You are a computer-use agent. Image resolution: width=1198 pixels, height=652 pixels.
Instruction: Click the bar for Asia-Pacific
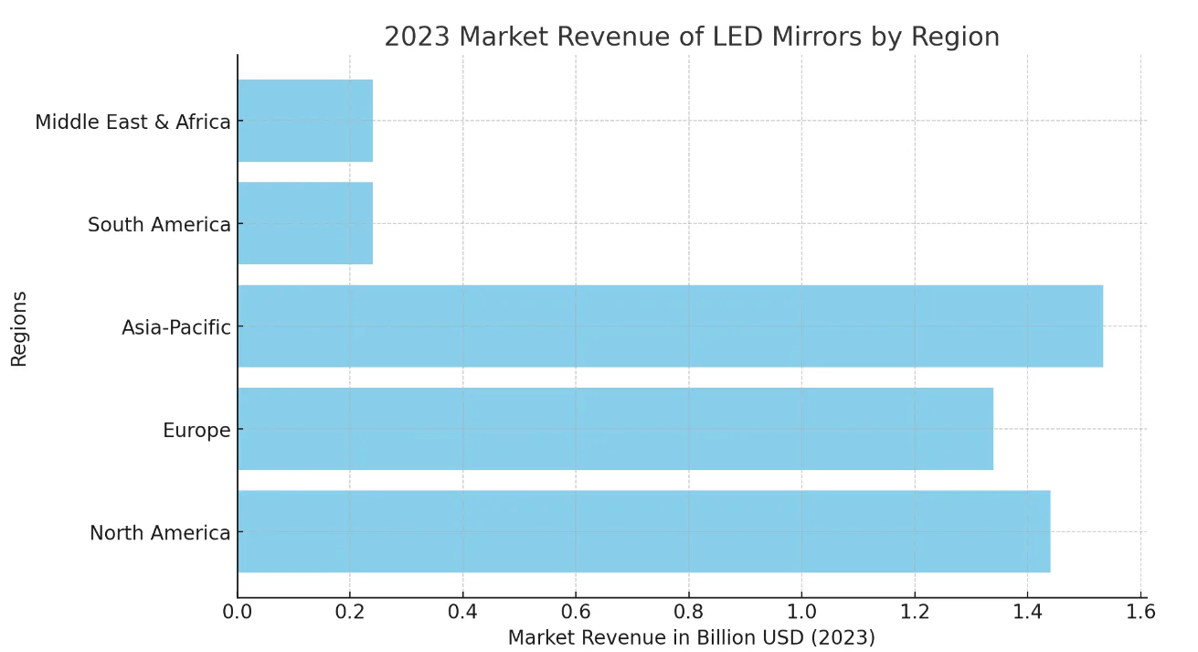(670, 326)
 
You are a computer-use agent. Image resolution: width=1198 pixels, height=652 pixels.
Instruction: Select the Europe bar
(615, 429)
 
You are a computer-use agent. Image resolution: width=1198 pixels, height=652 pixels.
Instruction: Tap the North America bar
(643, 531)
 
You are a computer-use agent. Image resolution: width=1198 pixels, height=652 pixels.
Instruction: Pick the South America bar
(305, 223)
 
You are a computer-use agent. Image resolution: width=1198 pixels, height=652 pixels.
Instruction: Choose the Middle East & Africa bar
(305, 121)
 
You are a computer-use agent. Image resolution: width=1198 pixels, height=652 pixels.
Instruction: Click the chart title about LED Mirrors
(691, 37)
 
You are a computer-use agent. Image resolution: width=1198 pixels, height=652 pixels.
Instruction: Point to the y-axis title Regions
(19, 328)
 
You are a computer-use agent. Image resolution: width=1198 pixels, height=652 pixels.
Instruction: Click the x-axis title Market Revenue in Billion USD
(691, 637)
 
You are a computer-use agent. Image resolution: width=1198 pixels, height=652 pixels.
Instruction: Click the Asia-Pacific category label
(175, 327)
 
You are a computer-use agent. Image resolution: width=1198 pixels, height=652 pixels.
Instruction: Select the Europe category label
(196, 430)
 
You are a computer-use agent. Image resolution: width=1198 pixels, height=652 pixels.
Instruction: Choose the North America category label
(160, 533)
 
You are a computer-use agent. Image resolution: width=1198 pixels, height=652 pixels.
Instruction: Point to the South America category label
(159, 224)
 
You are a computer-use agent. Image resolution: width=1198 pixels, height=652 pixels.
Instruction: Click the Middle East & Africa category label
(133, 122)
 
